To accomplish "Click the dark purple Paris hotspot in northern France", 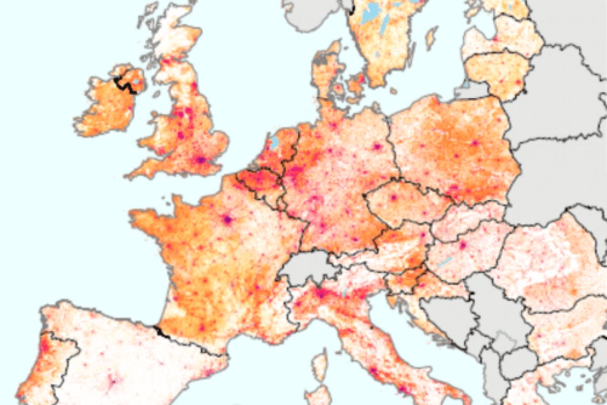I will (x=227, y=220).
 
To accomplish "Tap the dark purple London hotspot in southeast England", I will (x=201, y=160).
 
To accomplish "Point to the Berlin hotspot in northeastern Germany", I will (x=377, y=147).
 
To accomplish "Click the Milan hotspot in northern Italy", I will (x=321, y=293).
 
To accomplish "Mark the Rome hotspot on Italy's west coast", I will (x=373, y=371).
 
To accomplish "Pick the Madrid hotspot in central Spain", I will (x=112, y=381).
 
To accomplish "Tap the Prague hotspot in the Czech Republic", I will (x=393, y=197).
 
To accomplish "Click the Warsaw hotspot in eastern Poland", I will (x=475, y=143).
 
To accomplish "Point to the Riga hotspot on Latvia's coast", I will (x=495, y=39).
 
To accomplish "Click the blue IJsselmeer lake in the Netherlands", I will (x=274, y=141).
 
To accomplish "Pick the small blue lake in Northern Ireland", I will (x=136, y=81).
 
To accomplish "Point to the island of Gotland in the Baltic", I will (x=431, y=37).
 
